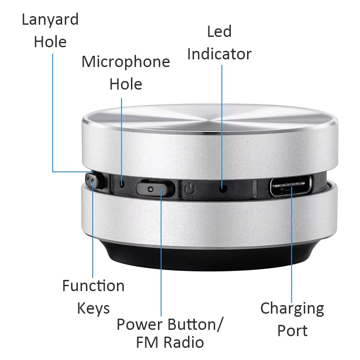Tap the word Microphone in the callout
[x=126, y=62]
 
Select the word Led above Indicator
[x=219, y=31]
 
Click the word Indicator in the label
[x=219, y=54]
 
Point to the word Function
[x=93, y=286]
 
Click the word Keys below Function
[x=93, y=309]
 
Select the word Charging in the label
[x=292, y=309]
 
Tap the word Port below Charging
[x=292, y=331]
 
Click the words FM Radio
[x=170, y=342]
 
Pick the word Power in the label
[x=140, y=324]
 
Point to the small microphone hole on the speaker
[x=122, y=184]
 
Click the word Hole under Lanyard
[x=50, y=42]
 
